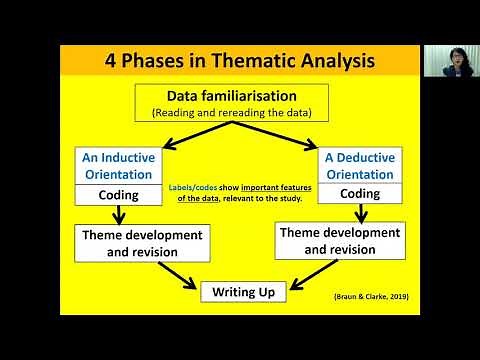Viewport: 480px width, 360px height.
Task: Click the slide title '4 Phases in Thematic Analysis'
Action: (240, 60)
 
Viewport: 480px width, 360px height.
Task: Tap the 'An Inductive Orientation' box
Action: (118, 165)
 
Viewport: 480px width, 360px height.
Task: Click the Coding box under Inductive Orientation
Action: (118, 195)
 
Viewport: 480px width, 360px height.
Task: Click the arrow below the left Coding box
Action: (118, 215)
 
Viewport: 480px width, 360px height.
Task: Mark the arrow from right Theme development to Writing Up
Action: (300, 273)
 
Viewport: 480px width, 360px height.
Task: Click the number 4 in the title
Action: (112, 60)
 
